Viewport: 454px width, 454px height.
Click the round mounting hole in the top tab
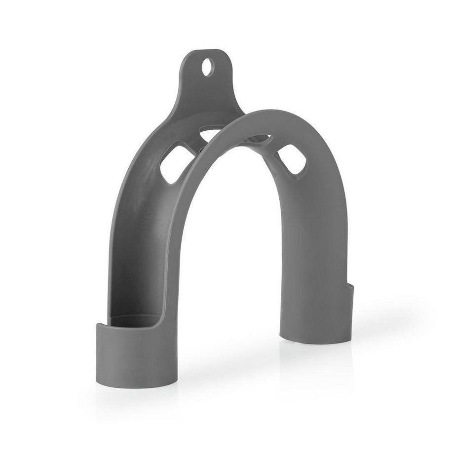(208, 67)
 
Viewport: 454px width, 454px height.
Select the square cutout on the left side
(177, 162)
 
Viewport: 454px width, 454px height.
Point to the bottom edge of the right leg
(316, 341)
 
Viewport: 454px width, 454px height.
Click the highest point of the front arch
(276, 113)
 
